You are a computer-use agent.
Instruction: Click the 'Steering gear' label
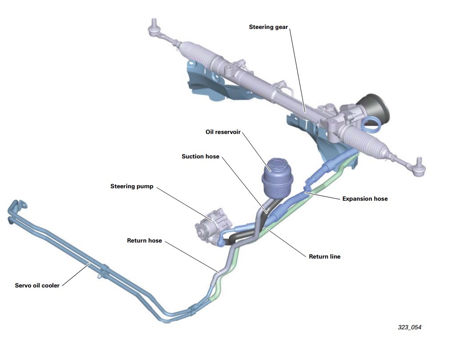[x=268, y=27]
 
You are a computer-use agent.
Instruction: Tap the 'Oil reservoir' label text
[x=223, y=132]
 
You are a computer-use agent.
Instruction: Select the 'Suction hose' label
[x=200, y=157]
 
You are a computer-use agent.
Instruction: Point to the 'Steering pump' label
[x=132, y=186]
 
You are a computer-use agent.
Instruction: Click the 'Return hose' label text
[x=145, y=241]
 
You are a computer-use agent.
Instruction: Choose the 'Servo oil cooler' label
[x=37, y=285]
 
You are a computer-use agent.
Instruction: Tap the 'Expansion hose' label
[x=365, y=198]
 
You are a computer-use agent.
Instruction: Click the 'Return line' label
[x=324, y=256]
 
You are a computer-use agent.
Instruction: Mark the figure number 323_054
[x=409, y=328]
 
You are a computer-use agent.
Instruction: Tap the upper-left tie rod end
[x=154, y=28]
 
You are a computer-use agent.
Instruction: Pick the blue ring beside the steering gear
[x=370, y=125]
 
